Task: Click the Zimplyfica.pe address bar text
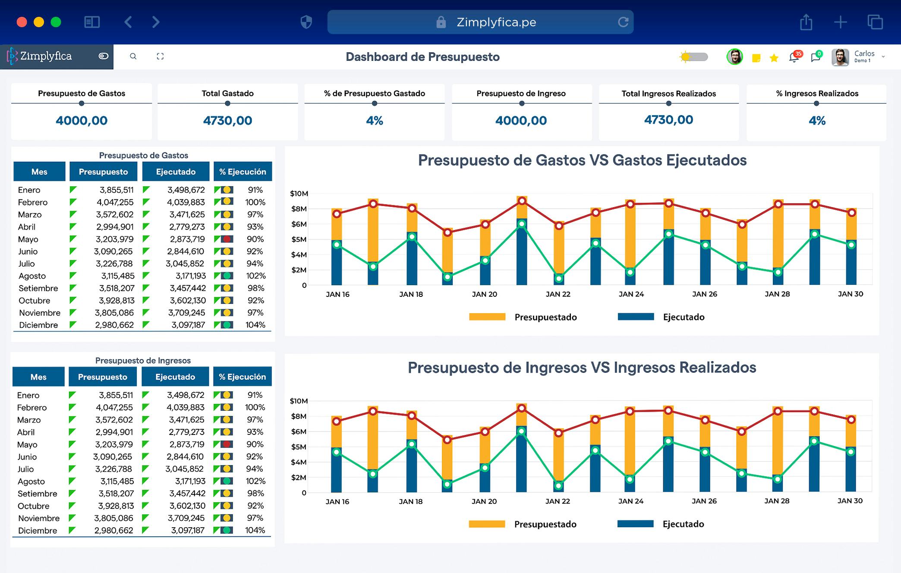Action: point(496,22)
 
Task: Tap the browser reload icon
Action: point(623,22)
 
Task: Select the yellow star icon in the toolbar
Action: point(774,58)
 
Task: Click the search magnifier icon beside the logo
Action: point(133,57)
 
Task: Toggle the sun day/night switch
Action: point(694,57)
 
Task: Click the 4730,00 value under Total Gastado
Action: point(227,120)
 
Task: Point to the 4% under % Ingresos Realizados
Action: point(817,120)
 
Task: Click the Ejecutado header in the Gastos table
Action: point(176,172)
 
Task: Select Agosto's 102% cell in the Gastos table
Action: point(255,276)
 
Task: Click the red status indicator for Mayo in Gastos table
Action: point(227,239)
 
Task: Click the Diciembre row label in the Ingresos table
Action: point(38,530)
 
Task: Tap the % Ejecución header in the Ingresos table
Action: point(242,377)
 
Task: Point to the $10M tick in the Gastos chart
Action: point(299,193)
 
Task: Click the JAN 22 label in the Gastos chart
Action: point(558,294)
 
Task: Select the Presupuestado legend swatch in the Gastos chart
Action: point(487,317)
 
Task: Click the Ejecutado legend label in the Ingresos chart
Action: point(683,524)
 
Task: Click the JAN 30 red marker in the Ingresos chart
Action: point(851,419)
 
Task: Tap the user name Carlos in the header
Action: point(864,54)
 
